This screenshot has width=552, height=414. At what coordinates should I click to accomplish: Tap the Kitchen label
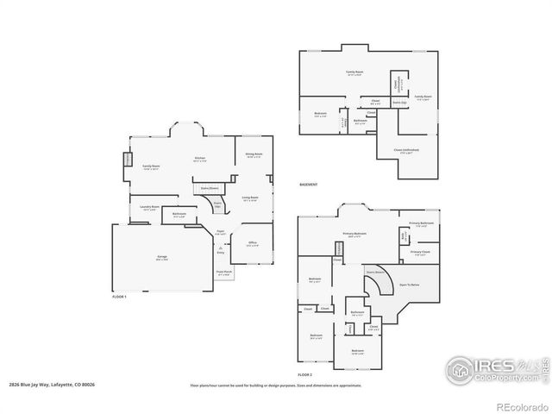pos(200,159)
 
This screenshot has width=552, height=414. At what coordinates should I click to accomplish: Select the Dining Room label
pos(254,154)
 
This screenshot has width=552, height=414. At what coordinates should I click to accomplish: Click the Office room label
pos(252,244)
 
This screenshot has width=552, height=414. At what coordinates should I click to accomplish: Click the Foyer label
pos(221,232)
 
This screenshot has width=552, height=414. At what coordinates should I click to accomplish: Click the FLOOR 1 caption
pos(120,296)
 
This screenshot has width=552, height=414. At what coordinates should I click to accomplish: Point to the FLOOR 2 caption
pos(305,374)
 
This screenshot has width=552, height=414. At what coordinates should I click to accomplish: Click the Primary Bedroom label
pos(354,234)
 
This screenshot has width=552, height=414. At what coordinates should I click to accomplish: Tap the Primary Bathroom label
pos(421,223)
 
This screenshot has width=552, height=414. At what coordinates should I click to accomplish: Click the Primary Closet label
pos(420,253)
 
